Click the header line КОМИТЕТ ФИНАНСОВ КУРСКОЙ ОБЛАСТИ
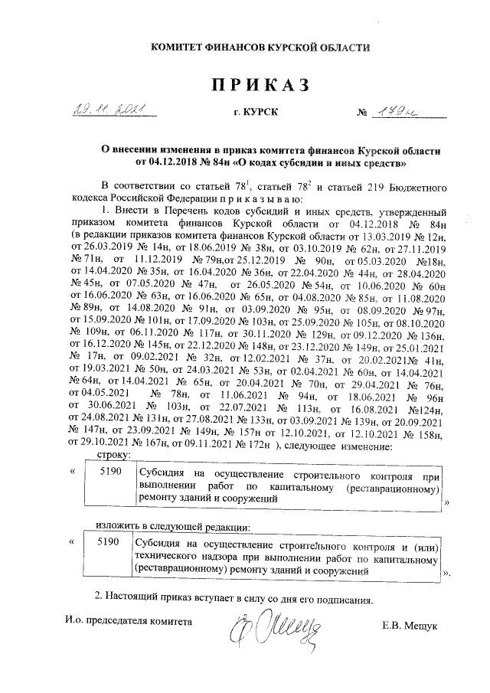pyautogui.click(x=260, y=47)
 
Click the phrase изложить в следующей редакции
pyautogui.click(x=173, y=528)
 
